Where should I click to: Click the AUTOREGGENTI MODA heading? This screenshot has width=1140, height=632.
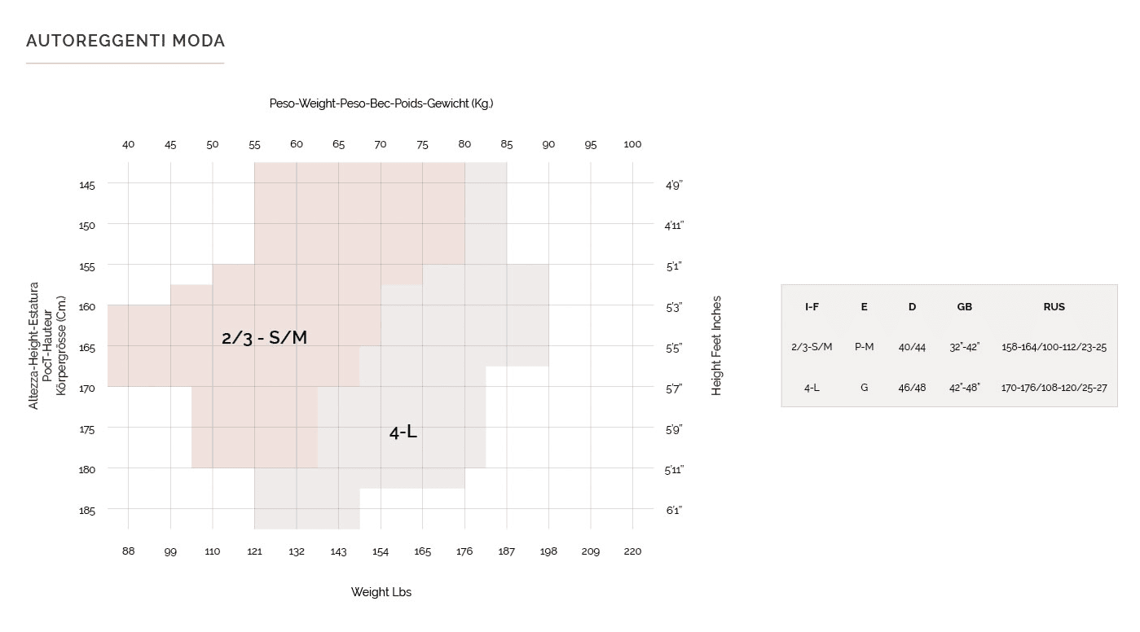coord(125,41)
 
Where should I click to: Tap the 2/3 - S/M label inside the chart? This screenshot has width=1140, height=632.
coord(264,337)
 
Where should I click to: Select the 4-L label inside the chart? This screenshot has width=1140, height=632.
coord(403,432)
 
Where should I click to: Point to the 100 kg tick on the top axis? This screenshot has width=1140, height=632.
coord(632,144)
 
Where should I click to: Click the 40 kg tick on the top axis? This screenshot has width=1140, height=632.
coord(128,144)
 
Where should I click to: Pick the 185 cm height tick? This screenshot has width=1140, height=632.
coord(87,511)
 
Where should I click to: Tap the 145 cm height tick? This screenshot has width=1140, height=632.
coord(87,185)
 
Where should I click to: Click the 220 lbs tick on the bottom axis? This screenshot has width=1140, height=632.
coord(632,551)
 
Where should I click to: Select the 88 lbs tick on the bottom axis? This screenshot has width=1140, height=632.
coord(128,551)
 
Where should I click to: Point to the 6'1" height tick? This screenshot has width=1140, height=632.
coord(673,511)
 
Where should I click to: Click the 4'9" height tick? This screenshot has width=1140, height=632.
coord(673,185)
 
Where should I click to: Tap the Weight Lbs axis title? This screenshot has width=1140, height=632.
coord(381,592)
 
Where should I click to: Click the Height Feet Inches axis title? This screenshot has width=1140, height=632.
coord(717,345)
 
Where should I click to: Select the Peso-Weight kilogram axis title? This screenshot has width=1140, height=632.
coord(381,103)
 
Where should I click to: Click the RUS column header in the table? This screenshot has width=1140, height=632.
coord(1054,307)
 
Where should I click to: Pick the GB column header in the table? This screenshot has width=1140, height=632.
coord(964,307)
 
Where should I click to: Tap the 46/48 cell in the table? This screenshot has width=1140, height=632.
coord(912,388)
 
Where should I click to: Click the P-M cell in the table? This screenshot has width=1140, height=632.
coord(864,347)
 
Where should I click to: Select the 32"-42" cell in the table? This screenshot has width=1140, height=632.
coord(964,347)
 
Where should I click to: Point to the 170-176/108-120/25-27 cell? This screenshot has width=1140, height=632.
coord(1054,388)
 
